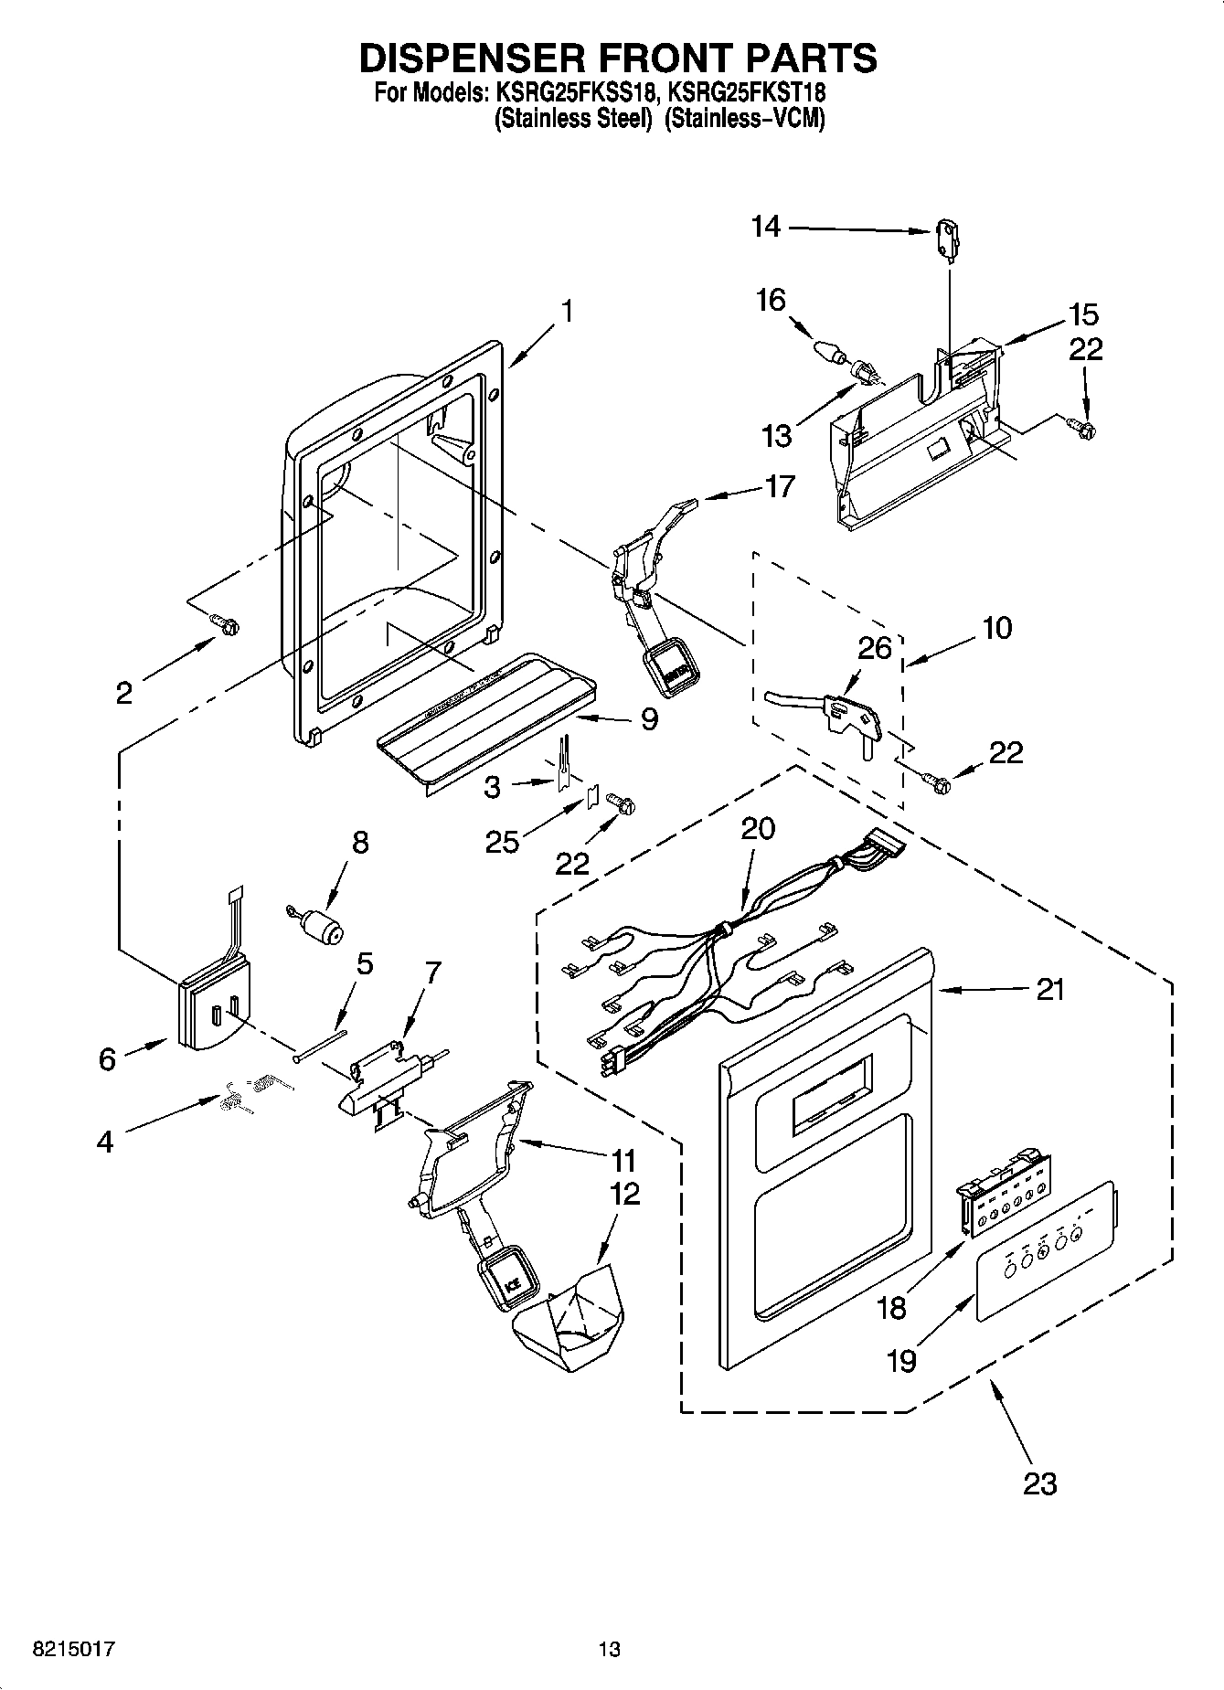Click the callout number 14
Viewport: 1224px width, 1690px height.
(x=766, y=226)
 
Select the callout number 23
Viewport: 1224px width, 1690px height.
(x=1040, y=1483)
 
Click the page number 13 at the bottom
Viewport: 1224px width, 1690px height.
(x=610, y=1650)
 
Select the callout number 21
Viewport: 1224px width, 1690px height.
(x=1050, y=989)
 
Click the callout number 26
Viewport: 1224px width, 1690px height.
(x=875, y=648)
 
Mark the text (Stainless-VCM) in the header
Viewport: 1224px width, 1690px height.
(x=744, y=120)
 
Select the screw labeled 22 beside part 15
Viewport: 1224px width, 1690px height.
(x=1084, y=427)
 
